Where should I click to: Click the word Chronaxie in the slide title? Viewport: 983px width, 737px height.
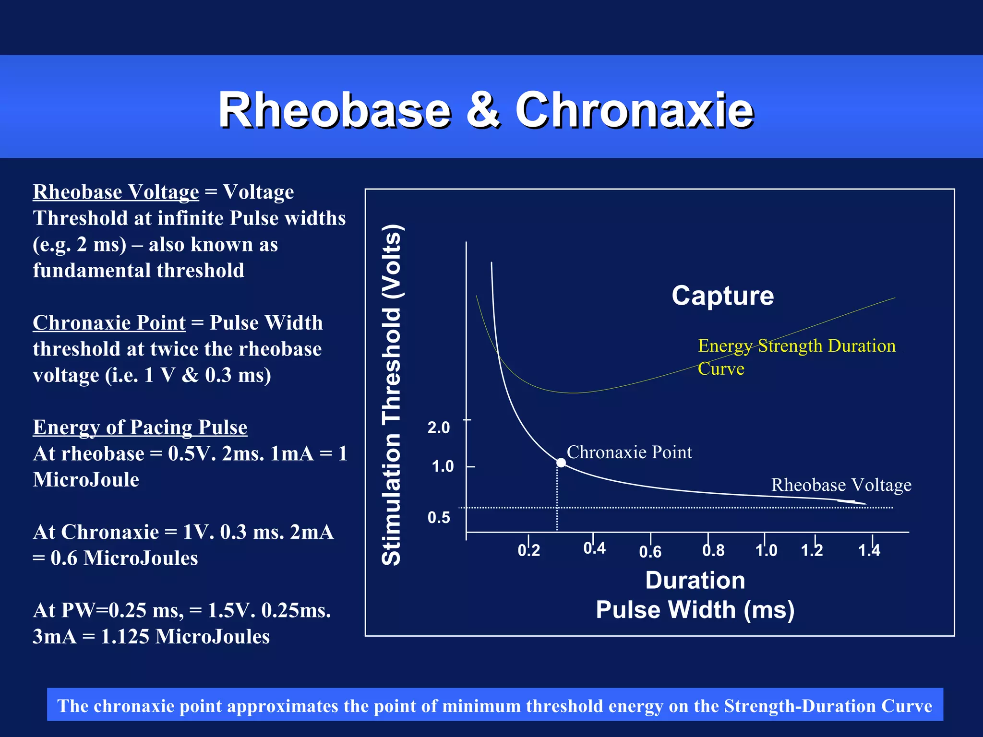click(634, 110)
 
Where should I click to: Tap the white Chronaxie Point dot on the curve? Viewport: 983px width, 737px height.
click(561, 463)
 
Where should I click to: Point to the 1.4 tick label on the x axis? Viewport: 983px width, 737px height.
click(869, 550)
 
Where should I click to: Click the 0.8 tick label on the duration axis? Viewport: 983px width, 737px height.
click(713, 550)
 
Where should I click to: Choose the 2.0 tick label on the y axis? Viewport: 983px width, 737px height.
click(439, 428)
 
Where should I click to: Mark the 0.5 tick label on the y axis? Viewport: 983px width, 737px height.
click(439, 517)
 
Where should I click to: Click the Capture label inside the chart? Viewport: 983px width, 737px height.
click(722, 296)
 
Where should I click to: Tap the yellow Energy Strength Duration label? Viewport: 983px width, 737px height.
click(796, 346)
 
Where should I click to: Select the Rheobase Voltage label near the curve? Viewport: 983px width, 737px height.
click(841, 485)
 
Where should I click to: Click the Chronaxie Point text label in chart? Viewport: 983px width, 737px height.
click(629, 452)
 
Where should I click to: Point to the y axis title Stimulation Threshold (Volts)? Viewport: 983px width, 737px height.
click(392, 394)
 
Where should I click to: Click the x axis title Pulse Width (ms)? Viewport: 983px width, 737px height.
click(695, 610)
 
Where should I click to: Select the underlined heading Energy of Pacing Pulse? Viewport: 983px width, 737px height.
click(140, 427)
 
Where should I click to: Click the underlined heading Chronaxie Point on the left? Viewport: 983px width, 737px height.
click(109, 322)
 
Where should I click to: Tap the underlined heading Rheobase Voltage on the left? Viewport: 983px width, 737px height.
click(116, 192)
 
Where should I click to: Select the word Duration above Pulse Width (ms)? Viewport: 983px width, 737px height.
click(695, 580)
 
